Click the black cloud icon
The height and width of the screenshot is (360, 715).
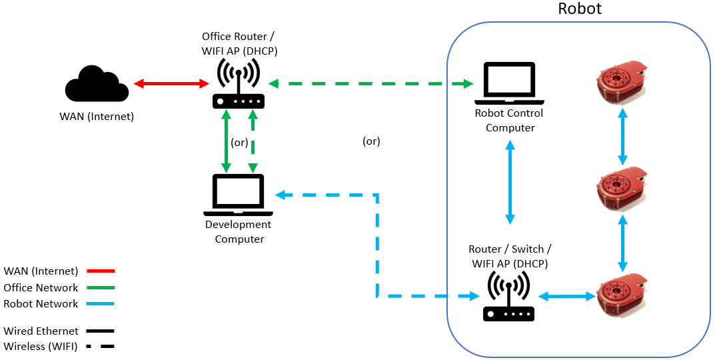point(97,85)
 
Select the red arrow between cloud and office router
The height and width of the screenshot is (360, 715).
point(171,84)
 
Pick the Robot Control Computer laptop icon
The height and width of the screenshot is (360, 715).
point(510,83)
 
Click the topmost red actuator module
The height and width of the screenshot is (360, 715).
point(621,82)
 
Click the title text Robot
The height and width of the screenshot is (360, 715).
point(579,9)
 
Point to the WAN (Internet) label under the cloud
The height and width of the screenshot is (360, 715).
point(96,117)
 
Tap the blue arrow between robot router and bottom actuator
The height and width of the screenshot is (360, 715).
point(566,296)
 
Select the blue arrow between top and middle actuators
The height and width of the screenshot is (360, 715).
point(623,137)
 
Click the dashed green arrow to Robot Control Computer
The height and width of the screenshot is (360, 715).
point(370,84)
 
